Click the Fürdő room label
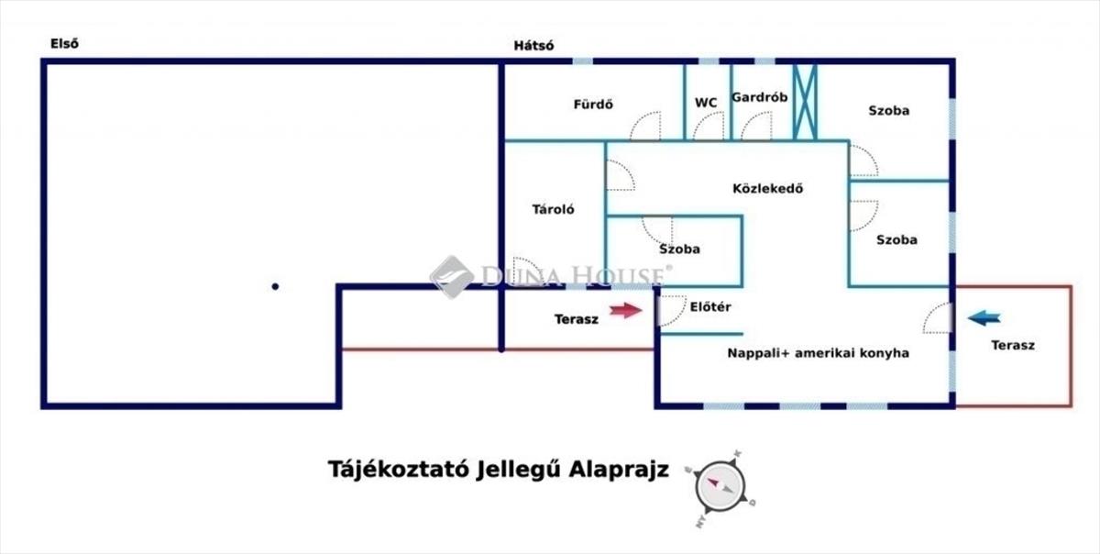pyautogui.click(x=593, y=105)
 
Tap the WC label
pyautogui.click(x=706, y=103)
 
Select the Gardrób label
pyautogui.click(x=759, y=97)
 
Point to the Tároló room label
pyautogui.click(x=553, y=209)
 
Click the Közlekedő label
pyautogui.click(x=767, y=189)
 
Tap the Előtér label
pyautogui.click(x=710, y=307)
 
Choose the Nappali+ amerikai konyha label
pyautogui.click(x=818, y=353)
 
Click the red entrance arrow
pyautogui.click(x=625, y=310)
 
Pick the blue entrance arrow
pyautogui.click(x=984, y=318)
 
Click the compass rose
pyautogui.click(x=720, y=487)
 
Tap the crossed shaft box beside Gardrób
pyautogui.click(x=806, y=102)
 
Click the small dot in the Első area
pyautogui.click(x=275, y=286)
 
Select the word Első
pyautogui.click(x=64, y=44)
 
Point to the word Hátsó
pyautogui.click(x=533, y=46)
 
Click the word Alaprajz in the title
pyautogui.click(x=619, y=470)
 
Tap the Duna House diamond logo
pyautogui.click(x=452, y=277)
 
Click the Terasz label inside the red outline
pyautogui.click(x=1013, y=346)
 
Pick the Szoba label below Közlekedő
pyautogui.click(x=679, y=249)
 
